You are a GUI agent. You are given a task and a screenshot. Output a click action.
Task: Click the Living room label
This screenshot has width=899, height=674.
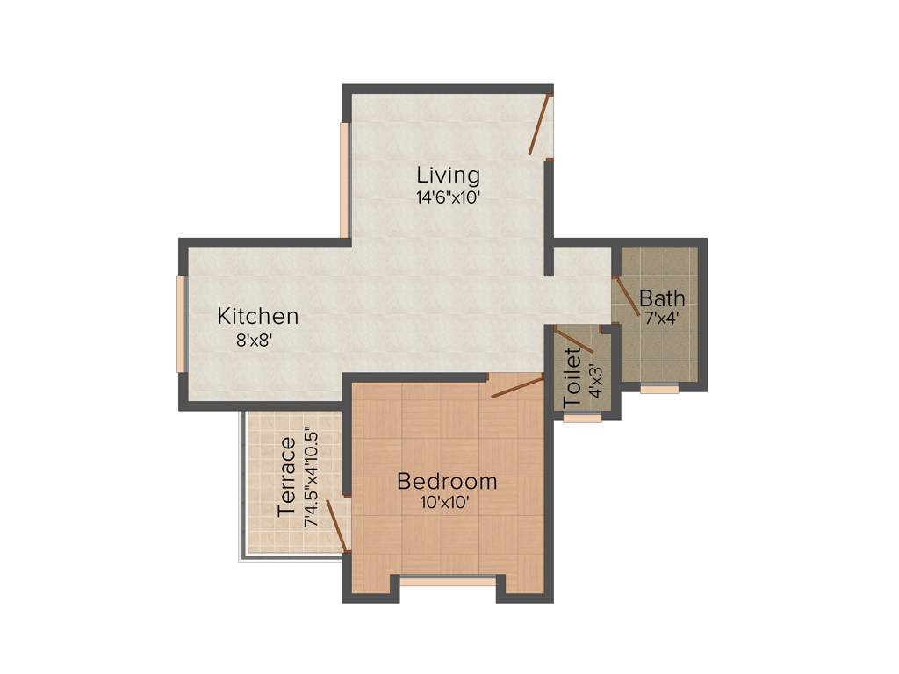448,174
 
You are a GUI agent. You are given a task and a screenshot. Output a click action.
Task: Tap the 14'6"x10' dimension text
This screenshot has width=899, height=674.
448,197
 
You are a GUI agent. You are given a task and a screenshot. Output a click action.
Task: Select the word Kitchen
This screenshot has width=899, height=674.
258,316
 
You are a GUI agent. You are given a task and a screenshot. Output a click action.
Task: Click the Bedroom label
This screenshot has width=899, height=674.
447,481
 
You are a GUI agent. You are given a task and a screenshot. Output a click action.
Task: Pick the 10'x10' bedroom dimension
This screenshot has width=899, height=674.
447,503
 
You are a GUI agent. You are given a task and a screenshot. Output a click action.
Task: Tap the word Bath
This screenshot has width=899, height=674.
662,297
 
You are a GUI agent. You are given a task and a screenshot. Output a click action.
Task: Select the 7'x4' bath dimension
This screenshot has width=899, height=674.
663,319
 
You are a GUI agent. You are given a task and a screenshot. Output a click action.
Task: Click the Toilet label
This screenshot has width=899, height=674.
572,377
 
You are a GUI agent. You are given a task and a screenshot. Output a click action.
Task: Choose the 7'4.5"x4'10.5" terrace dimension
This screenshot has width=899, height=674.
310,477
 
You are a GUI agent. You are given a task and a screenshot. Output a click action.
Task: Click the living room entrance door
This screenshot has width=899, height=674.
539,125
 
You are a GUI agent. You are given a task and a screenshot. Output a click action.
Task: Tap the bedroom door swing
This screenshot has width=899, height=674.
517,386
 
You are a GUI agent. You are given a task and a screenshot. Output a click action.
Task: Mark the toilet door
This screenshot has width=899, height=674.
576,341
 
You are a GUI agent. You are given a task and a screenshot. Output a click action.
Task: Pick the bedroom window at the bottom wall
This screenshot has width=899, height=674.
448,579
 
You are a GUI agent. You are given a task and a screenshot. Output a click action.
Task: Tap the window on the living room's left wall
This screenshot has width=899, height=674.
345,179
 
